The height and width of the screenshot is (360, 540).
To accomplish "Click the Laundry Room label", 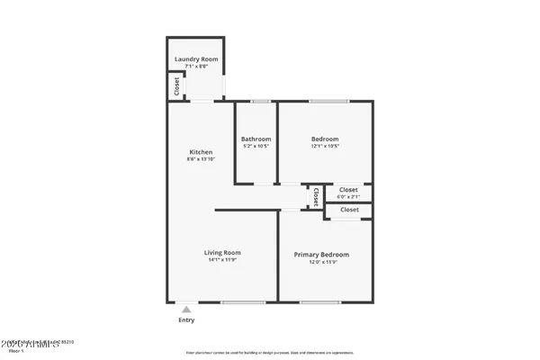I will [x=196, y=59].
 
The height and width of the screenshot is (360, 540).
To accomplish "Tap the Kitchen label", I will [x=200, y=152].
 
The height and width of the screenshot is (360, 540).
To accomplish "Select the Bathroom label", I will [x=256, y=139].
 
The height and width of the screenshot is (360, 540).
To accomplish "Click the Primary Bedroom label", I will [x=321, y=255].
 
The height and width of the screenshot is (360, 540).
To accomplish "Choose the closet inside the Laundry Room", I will [x=176, y=86].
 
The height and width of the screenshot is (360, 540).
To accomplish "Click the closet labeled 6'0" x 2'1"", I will [x=348, y=193].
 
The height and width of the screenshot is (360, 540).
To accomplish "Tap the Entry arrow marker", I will [x=186, y=309].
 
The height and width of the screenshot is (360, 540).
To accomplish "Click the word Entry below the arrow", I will [x=186, y=319].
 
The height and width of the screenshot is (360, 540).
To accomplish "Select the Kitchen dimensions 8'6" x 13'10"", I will [x=200, y=159].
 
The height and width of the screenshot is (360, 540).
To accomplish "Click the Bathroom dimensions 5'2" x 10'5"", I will [x=256, y=146].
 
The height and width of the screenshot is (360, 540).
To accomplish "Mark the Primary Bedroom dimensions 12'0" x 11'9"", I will [x=321, y=262].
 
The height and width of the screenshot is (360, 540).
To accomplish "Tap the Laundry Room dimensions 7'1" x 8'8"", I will [x=196, y=66].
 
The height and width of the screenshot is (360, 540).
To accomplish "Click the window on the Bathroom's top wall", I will [x=260, y=101].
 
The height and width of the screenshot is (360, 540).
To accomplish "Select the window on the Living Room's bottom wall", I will [x=238, y=301].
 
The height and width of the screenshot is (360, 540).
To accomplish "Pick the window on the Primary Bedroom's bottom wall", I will [x=314, y=301].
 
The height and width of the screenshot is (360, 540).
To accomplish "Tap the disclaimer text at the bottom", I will [x=270, y=352].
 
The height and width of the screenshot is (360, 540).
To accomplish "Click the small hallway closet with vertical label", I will [x=315, y=195].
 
